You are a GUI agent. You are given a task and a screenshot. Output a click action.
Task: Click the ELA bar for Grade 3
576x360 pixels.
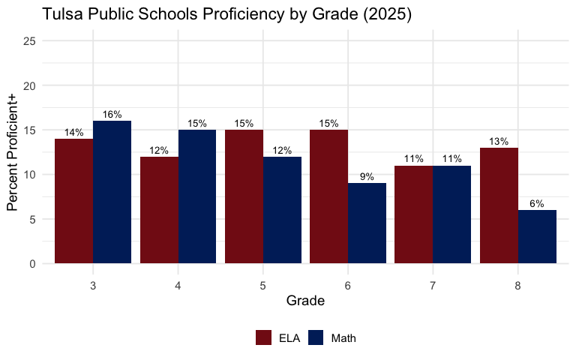click(73, 201)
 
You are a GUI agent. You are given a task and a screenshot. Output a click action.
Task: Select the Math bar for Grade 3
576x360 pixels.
click(112, 192)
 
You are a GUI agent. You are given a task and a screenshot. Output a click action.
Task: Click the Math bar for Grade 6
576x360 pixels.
click(367, 223)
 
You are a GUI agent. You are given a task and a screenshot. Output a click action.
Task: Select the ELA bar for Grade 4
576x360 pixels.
click(159, 210)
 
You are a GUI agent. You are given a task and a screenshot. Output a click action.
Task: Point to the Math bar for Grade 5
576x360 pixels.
click(282, 210)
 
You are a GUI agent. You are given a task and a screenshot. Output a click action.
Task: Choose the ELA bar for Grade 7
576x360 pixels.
click(413, 214)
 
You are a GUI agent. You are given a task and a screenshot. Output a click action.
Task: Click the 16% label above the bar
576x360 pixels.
click(112, 115)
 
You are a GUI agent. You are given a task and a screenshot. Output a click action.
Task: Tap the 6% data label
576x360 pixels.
click(537, 204)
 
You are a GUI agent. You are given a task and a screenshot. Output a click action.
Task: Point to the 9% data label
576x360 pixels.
click(367, 177)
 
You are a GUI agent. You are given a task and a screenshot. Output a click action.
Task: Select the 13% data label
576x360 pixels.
click(499, 142)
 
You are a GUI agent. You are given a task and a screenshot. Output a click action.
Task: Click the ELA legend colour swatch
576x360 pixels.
click(264, 337)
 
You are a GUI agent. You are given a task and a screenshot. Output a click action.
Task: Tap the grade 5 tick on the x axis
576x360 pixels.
click(262, 286)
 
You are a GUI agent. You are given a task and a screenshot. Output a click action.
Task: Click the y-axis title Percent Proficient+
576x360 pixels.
click(13, 152)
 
